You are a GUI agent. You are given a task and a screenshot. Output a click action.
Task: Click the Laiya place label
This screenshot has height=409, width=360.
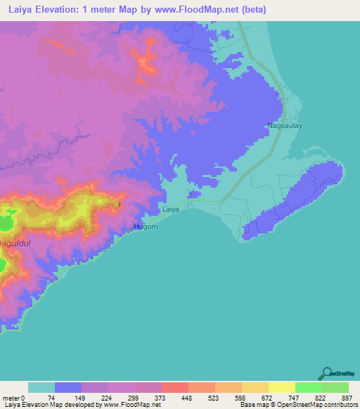pos(171,209)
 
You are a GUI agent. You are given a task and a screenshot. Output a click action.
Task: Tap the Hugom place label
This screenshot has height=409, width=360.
pos(146,227)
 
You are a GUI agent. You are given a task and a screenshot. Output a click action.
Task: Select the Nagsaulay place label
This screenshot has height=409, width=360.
pos(284,126)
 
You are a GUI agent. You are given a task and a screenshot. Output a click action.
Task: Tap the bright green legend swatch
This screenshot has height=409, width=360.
pos(308,387)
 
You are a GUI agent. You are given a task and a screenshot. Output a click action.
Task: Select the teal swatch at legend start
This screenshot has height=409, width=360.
pos(41,387)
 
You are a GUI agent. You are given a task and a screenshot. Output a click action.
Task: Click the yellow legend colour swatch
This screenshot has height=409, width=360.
pos(281,387)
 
